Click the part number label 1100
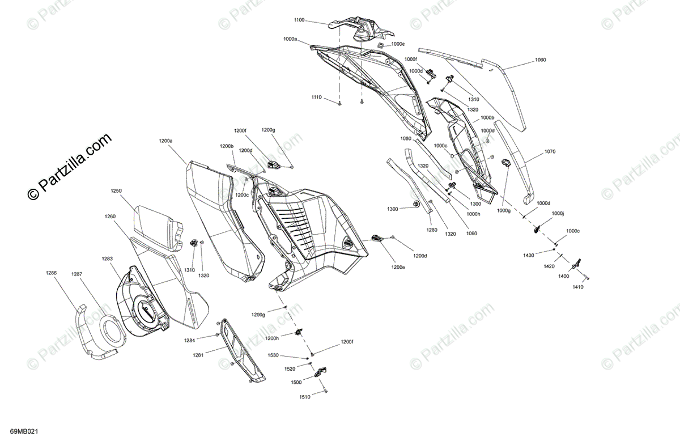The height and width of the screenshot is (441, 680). click(299, 20)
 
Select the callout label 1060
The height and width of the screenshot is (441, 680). click(540, 59)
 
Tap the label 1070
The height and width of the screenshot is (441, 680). click(550, 151)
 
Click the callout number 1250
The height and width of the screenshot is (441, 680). click(116, 191)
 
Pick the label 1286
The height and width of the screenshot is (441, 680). click(52, 273)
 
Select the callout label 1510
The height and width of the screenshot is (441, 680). click(305, 397)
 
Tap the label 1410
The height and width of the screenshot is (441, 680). click(577, 287)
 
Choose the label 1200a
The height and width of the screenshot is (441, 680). click(166, 140)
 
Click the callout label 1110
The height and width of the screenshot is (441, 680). click(316, 97)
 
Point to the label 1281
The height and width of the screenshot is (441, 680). click(197, 355)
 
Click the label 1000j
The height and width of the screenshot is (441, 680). click(558, 214)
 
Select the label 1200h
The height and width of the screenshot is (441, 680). click(273, 338)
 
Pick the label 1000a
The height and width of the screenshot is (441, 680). click(290, 40)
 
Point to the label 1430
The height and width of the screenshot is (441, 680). click(529, 256)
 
